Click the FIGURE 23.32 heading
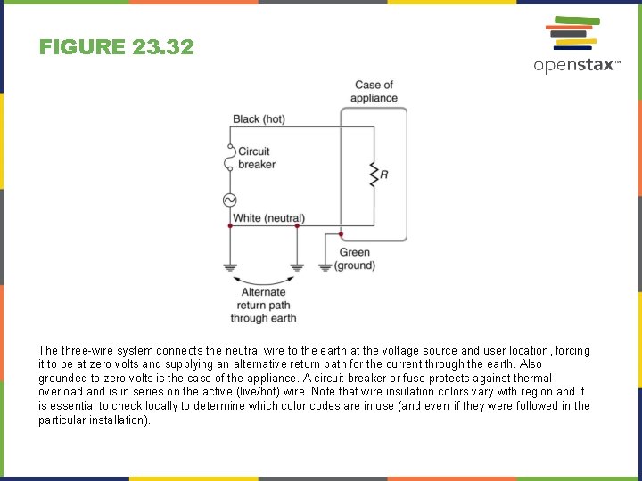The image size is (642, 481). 116,47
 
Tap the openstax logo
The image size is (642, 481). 575,45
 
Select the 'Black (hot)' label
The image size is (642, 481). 259,118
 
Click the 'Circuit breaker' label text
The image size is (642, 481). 256,158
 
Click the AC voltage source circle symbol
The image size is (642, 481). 229,200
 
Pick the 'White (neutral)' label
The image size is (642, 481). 268,218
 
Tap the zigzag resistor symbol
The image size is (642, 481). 374,175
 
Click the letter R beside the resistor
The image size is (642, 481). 384,175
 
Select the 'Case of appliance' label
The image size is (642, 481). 374,91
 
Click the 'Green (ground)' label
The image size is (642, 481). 354,259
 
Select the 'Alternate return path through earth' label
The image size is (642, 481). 263,305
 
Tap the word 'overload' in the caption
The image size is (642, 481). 59,391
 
